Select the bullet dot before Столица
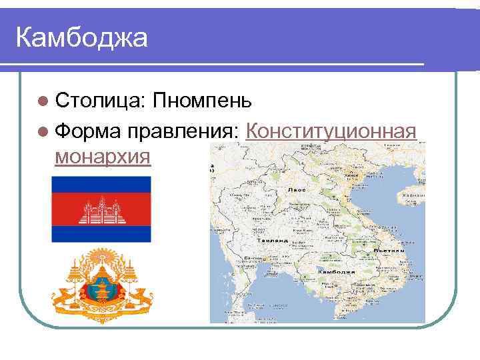[x=43, y=102]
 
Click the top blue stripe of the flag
[x=101, y=184]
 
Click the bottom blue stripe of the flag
[x=101, y=234]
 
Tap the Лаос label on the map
[x=297, y=190]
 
